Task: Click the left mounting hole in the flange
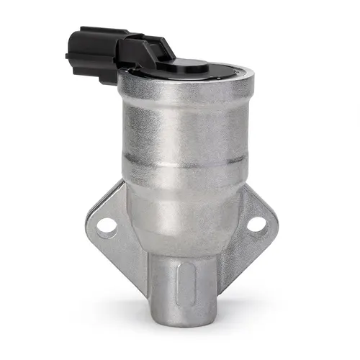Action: click(x=107, y=226)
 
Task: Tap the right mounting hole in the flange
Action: click(x=255, y=225)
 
